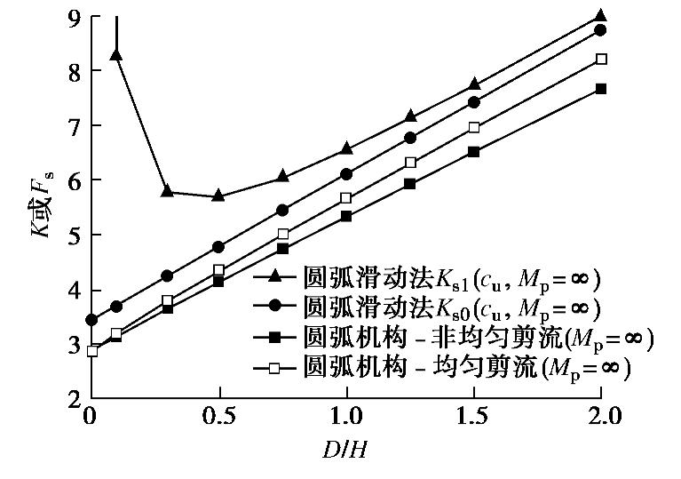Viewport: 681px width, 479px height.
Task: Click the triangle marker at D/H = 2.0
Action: point(600,15)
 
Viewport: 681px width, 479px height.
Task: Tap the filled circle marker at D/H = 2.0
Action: point(600,30)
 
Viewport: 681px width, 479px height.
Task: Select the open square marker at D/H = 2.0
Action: point(601,60)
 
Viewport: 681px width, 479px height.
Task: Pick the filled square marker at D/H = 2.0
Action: point(601,89)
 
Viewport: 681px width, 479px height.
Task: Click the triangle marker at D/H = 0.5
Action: point(218,196)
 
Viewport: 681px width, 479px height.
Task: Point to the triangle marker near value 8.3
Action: point(115,55)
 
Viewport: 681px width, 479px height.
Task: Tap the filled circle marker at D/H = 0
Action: point(91,320)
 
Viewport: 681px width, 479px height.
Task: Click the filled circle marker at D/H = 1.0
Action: point(346,174)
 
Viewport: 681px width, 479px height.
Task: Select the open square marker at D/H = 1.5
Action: point(473,128)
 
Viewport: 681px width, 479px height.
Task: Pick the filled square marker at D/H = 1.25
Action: point(409,184)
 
